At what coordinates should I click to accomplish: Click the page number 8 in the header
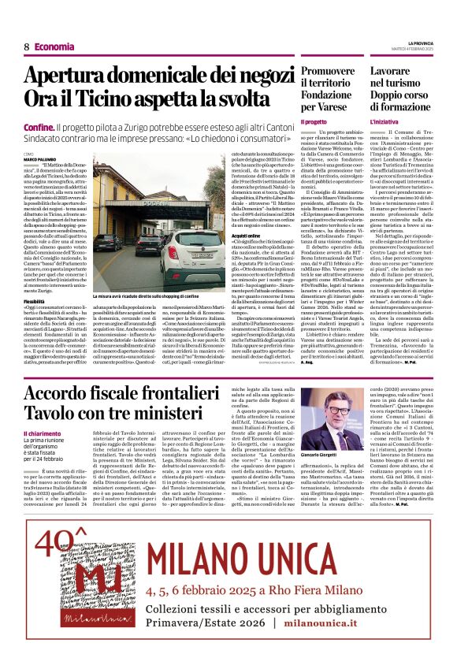click(x=26, y=46)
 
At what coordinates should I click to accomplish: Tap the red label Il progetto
click(x=313, y=123)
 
